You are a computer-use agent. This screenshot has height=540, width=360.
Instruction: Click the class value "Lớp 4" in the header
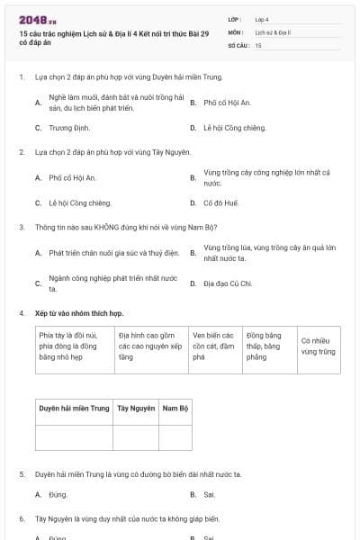coord(261,18)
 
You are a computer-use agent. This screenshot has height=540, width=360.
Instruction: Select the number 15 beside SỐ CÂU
coord(257,44)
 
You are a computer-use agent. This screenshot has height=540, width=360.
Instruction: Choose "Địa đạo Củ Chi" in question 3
coord(228,283)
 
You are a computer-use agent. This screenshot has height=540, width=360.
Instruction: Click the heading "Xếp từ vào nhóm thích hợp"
coord(78,312)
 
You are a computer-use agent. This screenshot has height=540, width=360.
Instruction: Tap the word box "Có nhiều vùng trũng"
coord(318,346)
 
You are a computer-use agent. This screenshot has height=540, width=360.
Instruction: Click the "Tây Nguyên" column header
coord(136,408)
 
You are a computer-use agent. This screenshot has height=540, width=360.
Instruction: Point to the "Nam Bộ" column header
coord(175,408)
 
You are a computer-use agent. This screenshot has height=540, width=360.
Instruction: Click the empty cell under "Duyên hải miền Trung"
coord(74,436)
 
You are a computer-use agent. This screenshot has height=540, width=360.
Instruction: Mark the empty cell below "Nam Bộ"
coord(175,436)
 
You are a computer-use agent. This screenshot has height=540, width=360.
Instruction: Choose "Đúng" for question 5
coord(58,494)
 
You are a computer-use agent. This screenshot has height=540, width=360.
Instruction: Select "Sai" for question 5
coord(209,494)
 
